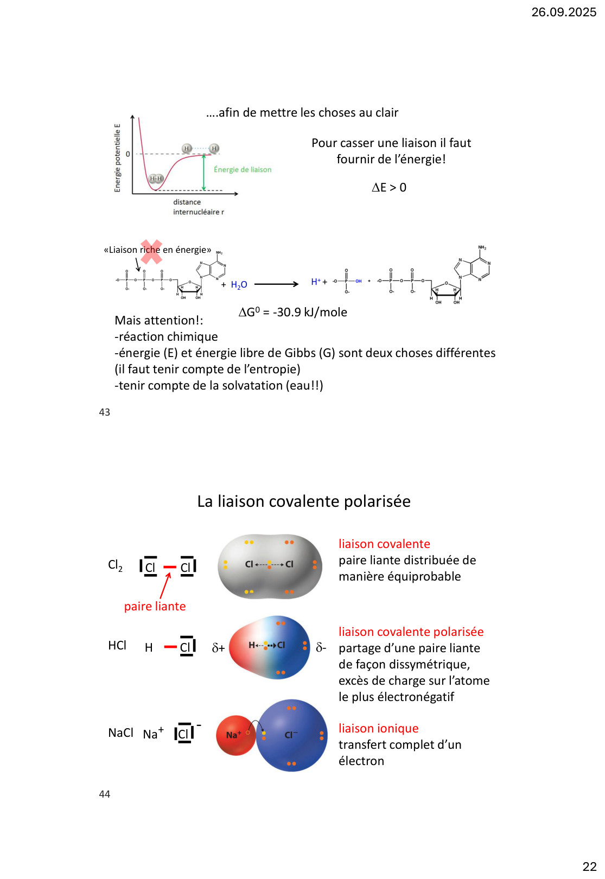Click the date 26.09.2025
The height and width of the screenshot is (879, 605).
[x=563, y=12]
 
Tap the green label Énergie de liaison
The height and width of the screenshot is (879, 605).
[x=243, y=170]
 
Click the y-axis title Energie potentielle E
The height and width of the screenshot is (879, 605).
[x=117, y=158]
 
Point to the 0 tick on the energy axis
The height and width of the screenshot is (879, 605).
[x=128, y=154]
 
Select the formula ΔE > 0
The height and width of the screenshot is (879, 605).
[x=389, y=188]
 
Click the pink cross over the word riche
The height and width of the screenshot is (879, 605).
[x=151, y=252]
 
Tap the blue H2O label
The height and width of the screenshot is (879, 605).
[x=239, y=285]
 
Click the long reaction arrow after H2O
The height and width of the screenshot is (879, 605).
[x=276, y=284]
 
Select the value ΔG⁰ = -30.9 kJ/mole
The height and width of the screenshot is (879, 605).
[x=293, y=313]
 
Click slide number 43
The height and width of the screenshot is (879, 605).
[x=105, y=412]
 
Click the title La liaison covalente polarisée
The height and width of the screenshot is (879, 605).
[x=304, y=501]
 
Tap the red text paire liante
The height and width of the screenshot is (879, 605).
[x=155, y=607]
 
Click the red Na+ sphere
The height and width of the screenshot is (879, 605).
[x=235, y=735]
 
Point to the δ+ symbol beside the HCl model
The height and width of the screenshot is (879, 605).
[x=218, y=648]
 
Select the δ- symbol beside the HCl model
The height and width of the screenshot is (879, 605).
[x=321, y=647]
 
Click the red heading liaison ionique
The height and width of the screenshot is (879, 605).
[x=378, y=729]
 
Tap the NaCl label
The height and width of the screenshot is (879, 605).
[x=120, y=733]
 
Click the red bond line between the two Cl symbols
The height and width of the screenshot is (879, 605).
[x=170, y=568]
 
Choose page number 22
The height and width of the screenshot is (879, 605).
[x=589, y=867]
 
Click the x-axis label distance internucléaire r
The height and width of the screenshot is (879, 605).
[x=198, y=207]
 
